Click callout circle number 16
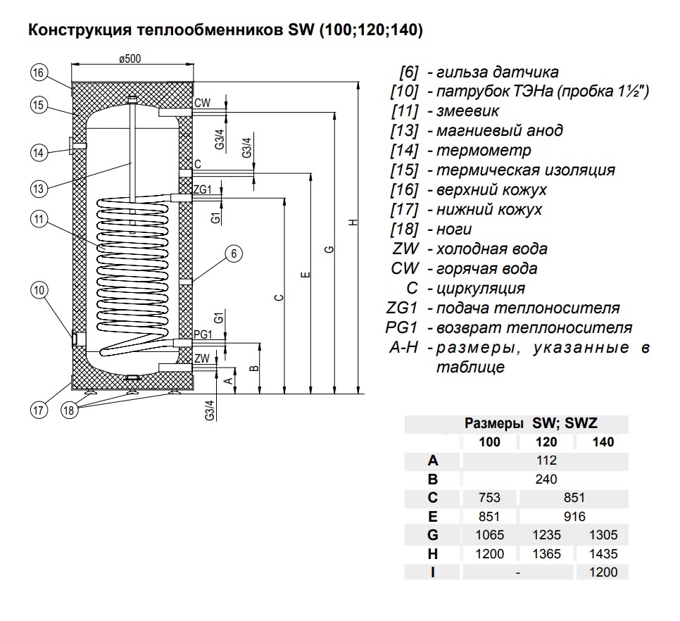pos(39,72)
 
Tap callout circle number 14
pos(39,151)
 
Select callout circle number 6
pos(234,253)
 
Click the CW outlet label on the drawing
pos(203,103)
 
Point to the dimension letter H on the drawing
pos(353,222)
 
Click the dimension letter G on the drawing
pos(329,250)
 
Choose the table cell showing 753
pos(489,498)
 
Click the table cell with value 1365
pos(546,554)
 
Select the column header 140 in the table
pos(603,442)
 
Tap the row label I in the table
pos(432,572)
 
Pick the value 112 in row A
pos(546,460)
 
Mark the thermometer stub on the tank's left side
pos(75,146)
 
